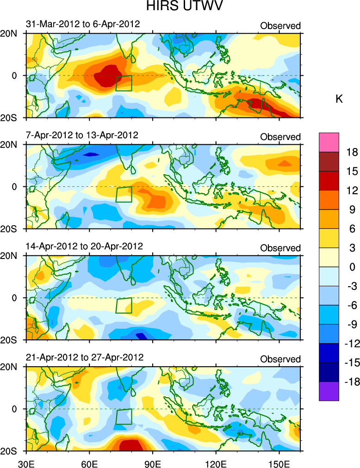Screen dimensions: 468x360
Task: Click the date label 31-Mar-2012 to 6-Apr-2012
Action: click(x=83, y=24)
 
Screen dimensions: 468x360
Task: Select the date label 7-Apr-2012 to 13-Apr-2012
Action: click(x=83, y=135)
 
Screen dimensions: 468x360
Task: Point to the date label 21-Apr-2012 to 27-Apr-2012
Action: click(x=84, y=357)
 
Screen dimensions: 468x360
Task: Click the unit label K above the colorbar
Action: click(x=339, y=99)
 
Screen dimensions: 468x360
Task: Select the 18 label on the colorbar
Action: click(x=353, y=152)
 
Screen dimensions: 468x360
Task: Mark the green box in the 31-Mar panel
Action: click(x=124, y=83)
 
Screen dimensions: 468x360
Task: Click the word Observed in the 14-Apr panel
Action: click(x=280, y=248)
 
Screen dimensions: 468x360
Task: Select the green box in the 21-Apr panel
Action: click(x=124, y=417)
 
